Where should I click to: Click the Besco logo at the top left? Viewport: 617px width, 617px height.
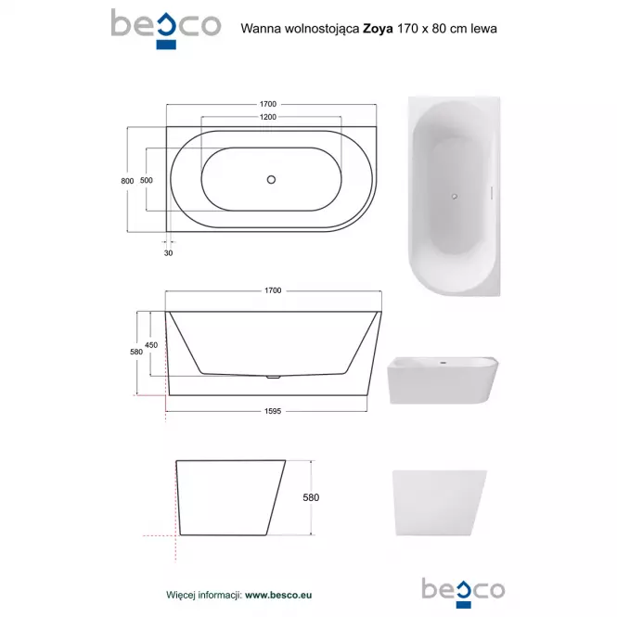point(166,30)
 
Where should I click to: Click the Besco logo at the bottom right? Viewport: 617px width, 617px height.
point(463,593)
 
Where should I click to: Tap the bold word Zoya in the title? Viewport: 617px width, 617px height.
point(378,29)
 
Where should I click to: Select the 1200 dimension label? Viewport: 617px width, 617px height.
point(268,117)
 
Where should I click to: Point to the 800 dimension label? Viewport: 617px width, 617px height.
point(127,181)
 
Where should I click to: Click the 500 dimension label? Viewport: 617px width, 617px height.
point(147,180)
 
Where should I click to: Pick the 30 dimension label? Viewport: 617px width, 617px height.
point(169,253)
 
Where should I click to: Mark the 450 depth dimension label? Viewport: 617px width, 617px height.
point(151,345)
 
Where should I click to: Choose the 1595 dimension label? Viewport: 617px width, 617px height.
point(273,411)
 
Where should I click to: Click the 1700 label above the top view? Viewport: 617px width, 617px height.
point(268,104)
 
